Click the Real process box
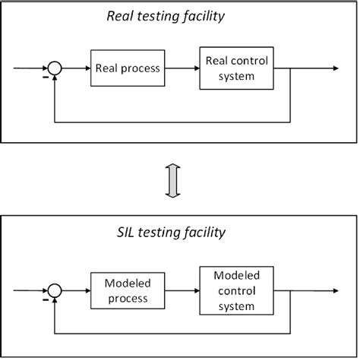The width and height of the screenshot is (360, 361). click(x=128, y=68)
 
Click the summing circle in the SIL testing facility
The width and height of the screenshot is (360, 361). click(x=53, y=290)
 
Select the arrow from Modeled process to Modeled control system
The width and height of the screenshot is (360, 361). click(x=182, y=290)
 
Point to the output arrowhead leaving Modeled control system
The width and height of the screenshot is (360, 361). click(x=334, y=290)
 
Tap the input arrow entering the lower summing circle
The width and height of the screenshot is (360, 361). click(x=30, y=290)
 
